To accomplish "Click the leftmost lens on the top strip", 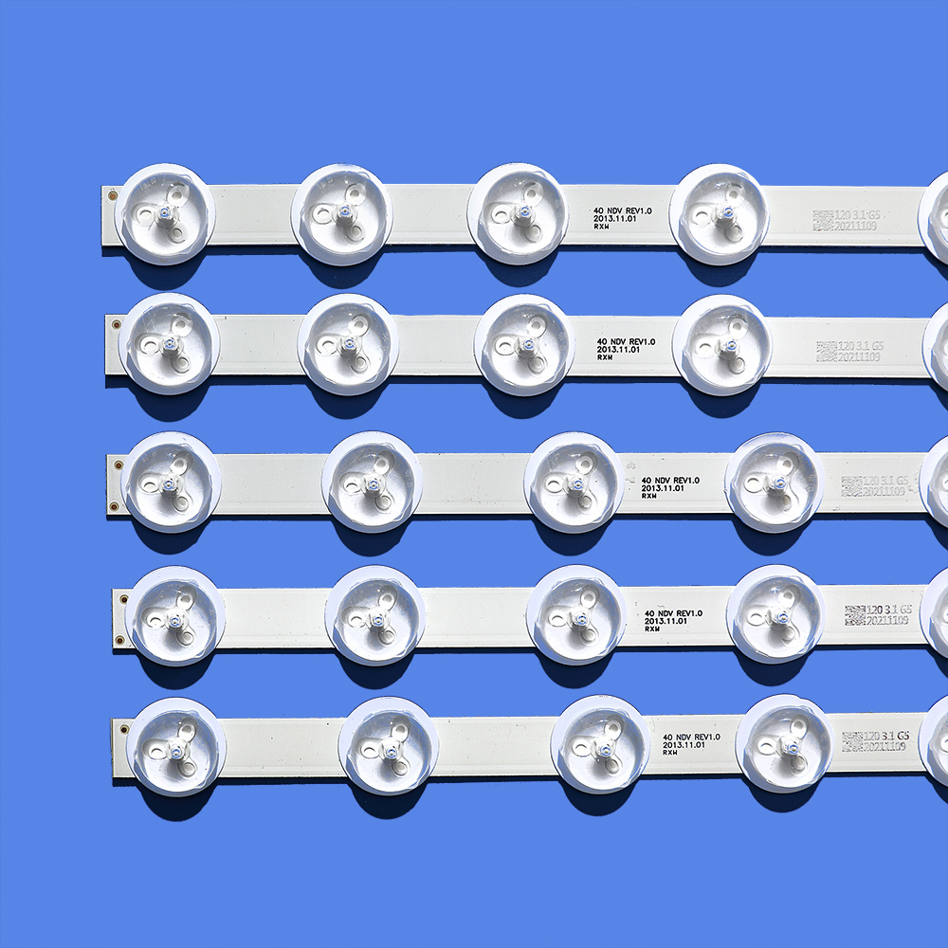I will tap(164, 214).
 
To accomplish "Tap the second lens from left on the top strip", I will tap(341, 214).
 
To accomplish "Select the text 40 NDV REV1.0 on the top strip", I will tap(623, 210).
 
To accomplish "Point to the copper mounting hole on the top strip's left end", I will tap(112, 195).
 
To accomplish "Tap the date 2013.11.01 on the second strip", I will tap(619, 350).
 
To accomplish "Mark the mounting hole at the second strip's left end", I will tap(116, 324).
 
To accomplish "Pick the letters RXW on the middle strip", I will tap(649, 496).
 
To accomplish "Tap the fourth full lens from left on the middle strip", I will tap(774, 482).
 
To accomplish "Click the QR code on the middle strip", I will tap(851, 486).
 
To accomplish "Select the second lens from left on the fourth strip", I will tap(374, 615).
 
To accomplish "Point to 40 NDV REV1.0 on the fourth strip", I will tap(673, 613).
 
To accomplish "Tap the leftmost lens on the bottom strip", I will tap(176, 746).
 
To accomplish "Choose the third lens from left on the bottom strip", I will tap(600, 744).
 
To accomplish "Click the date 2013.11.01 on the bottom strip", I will tap(684, 746).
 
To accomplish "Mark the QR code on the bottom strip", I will tap(852, 741).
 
